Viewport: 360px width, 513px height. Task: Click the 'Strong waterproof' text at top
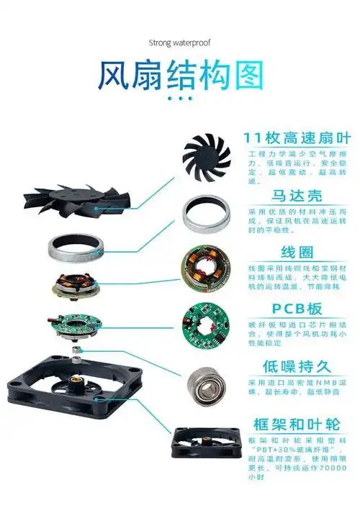click(x=179, y=42)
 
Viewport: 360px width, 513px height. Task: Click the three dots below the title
click(x=179, y=99)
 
